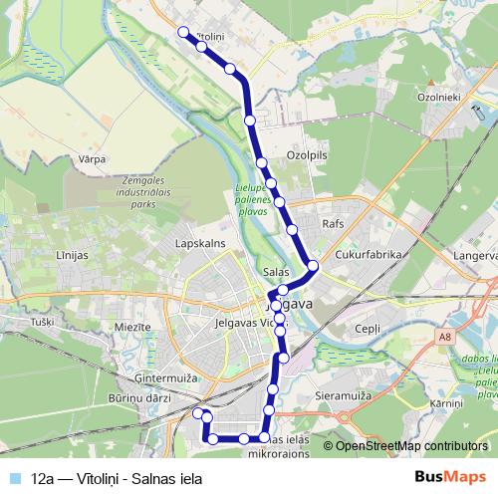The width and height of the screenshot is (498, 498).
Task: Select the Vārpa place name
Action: click(x=92, y=158)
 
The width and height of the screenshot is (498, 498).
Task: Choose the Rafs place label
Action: click(x=333, y=224)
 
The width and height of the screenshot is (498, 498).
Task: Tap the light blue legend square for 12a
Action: click(x=14, y=478)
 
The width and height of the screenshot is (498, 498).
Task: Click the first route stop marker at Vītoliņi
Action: click(x=182, y=32)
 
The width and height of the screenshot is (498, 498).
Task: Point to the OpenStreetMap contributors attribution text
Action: click(x=410, y=446)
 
